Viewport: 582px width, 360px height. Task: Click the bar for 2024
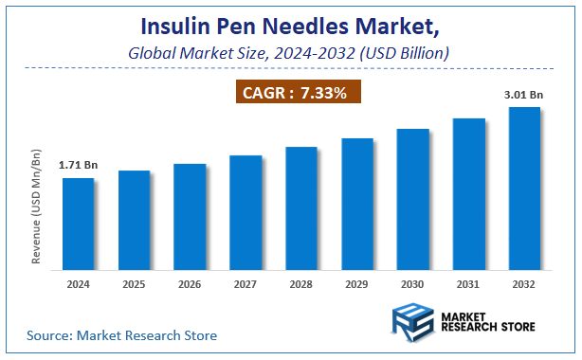[78, 223]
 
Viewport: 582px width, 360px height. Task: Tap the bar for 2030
[413, 198]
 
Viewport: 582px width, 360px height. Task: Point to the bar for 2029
[357, 203]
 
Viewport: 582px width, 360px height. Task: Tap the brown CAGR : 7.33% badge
[298, 93]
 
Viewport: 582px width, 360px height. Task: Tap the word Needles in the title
[315, 23]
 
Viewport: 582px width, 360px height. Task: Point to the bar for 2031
[468, 193]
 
